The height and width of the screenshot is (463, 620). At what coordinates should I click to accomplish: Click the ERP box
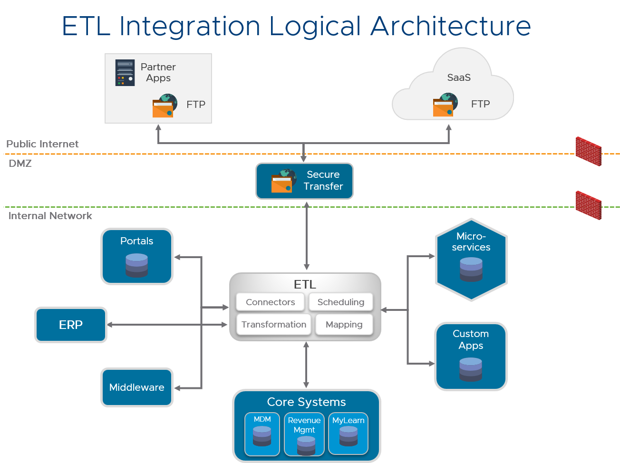[71, 325]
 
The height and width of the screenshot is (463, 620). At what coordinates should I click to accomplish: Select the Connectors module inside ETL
[270, 302]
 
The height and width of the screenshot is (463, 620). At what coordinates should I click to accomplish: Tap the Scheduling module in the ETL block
[341, 302]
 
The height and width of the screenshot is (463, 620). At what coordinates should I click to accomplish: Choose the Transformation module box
[274, 325]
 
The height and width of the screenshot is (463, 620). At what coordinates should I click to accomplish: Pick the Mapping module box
[344, 325]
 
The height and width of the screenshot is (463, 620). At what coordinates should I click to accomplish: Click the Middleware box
[137, 387]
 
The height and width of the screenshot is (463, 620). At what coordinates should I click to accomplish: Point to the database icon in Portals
[136, 265]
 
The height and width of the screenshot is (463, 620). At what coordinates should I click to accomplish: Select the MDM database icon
[262, 436]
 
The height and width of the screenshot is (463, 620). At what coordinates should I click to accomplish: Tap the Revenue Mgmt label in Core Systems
[304, 425]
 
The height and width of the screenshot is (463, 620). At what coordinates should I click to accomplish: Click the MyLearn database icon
[349, 436]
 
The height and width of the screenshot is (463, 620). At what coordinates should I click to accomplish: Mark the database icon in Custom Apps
[471, 369]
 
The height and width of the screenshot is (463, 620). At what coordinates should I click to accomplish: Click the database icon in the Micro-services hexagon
[471, 270]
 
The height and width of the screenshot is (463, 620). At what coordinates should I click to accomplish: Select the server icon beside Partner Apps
[125, 73]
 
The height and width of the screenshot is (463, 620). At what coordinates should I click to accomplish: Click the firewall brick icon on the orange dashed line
[589, 151]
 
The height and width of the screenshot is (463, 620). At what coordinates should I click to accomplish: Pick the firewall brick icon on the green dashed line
[589, 205]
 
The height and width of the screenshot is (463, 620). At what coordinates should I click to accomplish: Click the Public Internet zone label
[42, 144]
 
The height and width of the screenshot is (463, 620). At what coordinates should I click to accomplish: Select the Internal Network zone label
[50, 216]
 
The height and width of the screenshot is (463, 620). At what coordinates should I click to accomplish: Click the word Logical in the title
[315, 26]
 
